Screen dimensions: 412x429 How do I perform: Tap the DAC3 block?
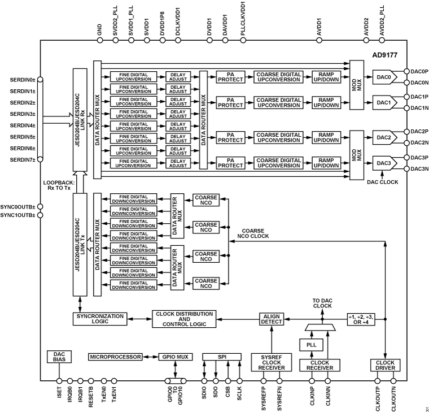(384, 163)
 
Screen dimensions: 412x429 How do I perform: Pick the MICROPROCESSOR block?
(114, 357)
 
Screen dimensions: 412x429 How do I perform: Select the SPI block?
(222, 357)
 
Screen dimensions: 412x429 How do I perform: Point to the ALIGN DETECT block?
(272, 319)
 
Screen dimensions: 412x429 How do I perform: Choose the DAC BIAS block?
(59, 357)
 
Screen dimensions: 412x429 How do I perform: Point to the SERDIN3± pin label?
(20, 114)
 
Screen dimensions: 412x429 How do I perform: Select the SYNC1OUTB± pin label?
(17, 215)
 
